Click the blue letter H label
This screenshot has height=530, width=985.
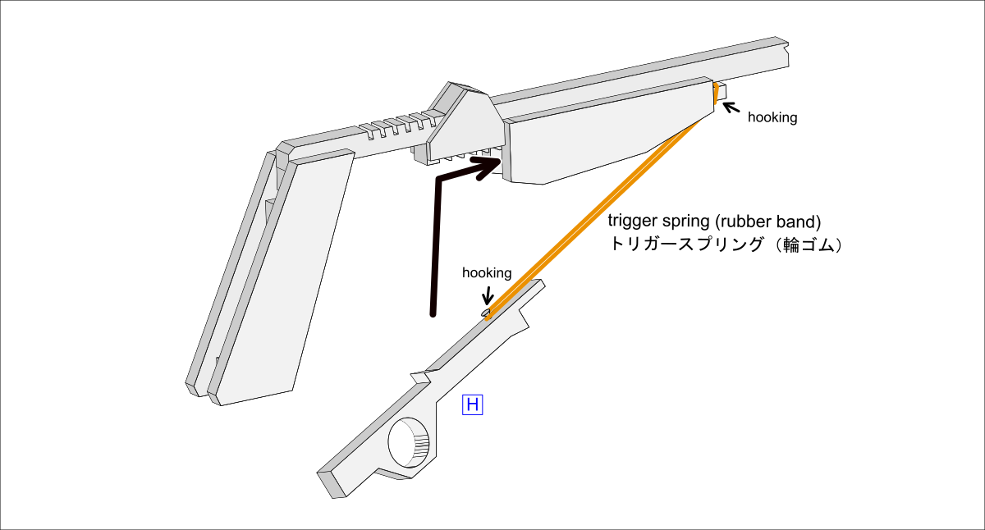tap(472, 404)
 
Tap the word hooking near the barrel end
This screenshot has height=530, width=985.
tap(772, 117)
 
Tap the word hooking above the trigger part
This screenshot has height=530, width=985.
tap(487, 272)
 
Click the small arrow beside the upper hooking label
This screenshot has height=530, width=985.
tap(729, 107)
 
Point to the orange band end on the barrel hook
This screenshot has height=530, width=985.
tap(716, 92)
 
